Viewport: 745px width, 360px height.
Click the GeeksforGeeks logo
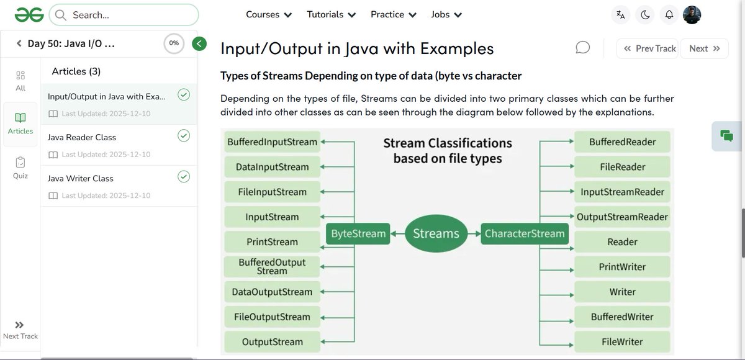(x=29, y=14)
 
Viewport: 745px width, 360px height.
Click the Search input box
(x=124, y=15)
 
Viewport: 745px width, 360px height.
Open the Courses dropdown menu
(x=268, y=14)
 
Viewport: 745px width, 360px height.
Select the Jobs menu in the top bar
(x=446, y=14)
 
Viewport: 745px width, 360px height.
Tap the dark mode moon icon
(x=645, y=15)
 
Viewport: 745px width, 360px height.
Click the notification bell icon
(x=669, y=15)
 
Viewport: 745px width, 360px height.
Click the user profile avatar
(x=692, y=15)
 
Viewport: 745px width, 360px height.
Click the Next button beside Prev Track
(x=704, y=48)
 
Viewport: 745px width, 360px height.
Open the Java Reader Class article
(x=82, y=137)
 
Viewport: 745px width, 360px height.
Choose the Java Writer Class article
(x=81, y=178)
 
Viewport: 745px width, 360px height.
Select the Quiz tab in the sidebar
(x=20, y=168)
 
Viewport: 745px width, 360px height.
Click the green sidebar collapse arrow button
(x=199, y=43)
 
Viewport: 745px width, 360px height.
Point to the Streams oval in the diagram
(x=436, y=234)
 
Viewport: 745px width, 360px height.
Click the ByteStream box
(x=358, y=234)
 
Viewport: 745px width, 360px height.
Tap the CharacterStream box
(x=525, y=234)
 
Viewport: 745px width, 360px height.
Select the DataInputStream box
(x=272, y=167)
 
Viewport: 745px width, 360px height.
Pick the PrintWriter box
(x=622, y=267)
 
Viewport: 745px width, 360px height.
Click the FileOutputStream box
(x=272, y=317)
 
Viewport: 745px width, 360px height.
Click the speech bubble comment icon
(x=582, y=48)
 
